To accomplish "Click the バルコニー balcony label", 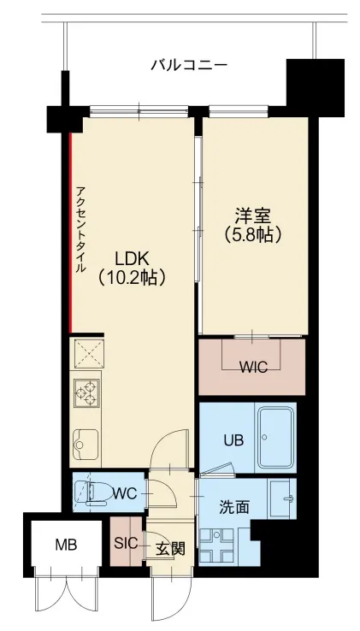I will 188,64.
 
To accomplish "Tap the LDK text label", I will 131,256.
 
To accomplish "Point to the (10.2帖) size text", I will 131,276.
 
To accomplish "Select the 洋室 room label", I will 252,214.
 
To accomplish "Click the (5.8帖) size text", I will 252,233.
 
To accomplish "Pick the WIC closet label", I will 252,368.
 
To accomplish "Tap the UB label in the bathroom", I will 233,441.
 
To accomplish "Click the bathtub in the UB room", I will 275,436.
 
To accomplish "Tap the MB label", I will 65,545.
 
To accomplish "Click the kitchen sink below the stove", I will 86,443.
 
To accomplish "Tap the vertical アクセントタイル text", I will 80,229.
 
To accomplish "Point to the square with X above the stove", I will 87,352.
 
